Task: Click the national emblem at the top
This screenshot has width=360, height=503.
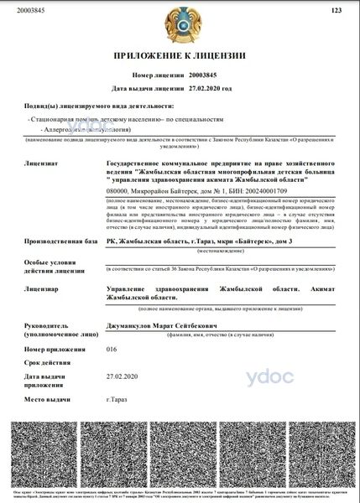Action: pyautogui.click(x=180, y=26)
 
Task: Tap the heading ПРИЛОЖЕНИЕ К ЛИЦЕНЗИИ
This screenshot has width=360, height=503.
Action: pyautogui.click(x=179, y=56)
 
